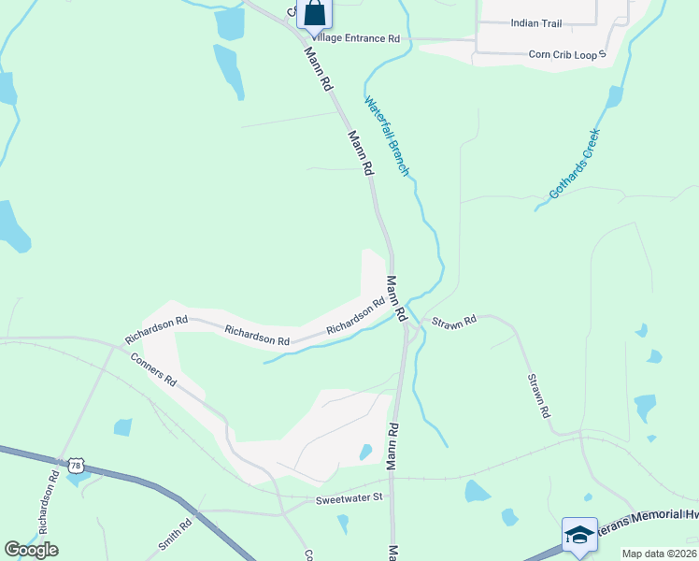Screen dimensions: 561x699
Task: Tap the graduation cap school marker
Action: [x=579, y=536]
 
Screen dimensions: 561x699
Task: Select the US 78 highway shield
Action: [x=76, y=465]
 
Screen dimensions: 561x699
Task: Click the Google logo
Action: [x=31, y=550]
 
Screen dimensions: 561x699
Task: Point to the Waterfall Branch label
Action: [x=387, y=137]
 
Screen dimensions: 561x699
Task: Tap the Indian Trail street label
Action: [x=535, y=22]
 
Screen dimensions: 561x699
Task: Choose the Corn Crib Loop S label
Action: [x=567, y=55]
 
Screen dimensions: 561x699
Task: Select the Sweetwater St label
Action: [x=349, y=497]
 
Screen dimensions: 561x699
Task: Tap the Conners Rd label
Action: [x=153, y=368]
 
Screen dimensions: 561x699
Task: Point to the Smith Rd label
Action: [x=169, y=536]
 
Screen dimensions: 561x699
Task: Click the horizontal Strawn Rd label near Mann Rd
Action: [x=454, y=320]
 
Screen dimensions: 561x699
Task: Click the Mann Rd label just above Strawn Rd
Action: [x=396, y=295]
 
